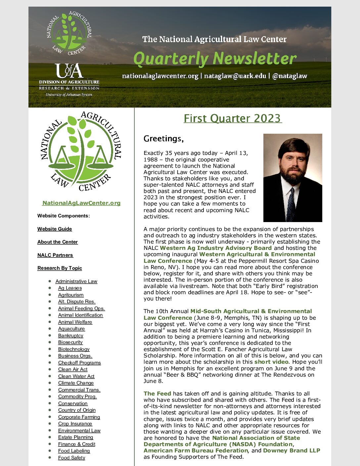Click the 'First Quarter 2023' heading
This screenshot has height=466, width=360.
pyautogui.click(x=232, y=118)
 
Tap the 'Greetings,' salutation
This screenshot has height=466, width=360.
pyautogui.click(x=163, y=139)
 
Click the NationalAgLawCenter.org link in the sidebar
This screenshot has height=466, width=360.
pyautogui.click(x=81, y=203)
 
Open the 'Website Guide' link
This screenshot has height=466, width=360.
pyautogui.click(x=55, y=229)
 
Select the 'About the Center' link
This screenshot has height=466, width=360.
pyautogui.click(x=58, y=242)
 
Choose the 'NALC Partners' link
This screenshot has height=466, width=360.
pyautogui.click(x=55, y=255)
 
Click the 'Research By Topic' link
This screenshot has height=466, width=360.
pyautogui.click(x=60, y=268)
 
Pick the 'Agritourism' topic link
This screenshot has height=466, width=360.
pyautogui.click(x=71, y=295)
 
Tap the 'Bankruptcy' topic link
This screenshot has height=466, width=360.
pyautogui.click(x=70, y=336)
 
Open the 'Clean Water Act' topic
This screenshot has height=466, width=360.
pyautogui.click(x=76, y=376)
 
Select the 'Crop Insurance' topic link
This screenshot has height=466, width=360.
pyautogui.click(x=75, y=424)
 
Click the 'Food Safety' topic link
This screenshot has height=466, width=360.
pyautogui.click(x=71, y=458)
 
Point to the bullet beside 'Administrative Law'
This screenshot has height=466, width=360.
pyautogui.click(x=50, y=281)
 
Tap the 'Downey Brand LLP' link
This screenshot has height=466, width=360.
pyautogui.click(x=292, y=450)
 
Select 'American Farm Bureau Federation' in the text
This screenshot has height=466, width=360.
pyautogui.click(x=196, y=450)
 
